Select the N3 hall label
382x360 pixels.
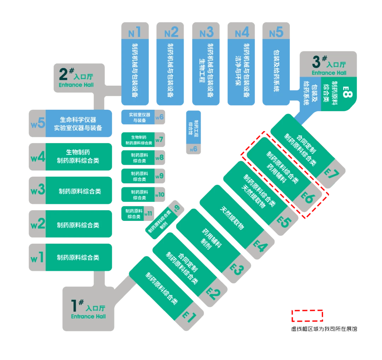pyautogui.click(x=206, y=33)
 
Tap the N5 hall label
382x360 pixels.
pyautogui.click(x=277, y=33)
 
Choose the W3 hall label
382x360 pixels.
pyautogui.click(x=37, y=190)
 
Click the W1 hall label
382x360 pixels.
pyautogui.click(x=37, y=257)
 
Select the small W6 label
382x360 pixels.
pyautogui.click(x=159, y=117)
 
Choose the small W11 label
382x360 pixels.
pyautogui.click(x=148, y=213)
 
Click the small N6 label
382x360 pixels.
pyautogui.click(x=193, y=149)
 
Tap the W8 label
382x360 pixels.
pyautogui.click(x=159, y=158)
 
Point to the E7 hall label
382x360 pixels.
pyautogui.click(x=333, y=173)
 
